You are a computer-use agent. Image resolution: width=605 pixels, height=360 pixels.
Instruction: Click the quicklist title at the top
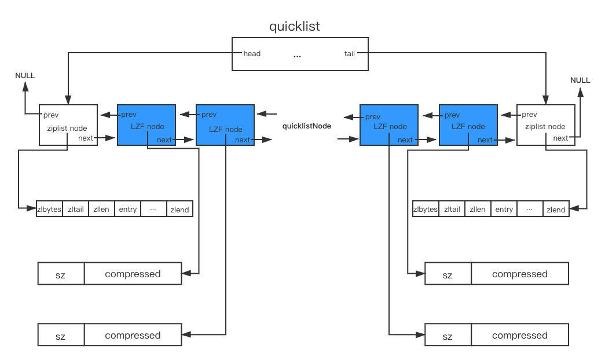[295, 26]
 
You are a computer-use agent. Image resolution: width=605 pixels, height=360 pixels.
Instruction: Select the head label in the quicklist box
[252, 54]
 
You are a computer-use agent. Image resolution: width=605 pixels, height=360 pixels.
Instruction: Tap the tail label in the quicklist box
[350, 54]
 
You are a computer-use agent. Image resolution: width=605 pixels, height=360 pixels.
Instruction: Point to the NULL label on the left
[25, 76]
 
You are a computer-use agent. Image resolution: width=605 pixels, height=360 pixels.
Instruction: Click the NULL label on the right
[580, 80]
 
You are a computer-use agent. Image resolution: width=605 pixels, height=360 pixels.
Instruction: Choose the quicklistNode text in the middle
[307, 126]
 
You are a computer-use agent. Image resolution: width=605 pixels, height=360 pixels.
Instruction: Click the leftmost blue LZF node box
[146, 125]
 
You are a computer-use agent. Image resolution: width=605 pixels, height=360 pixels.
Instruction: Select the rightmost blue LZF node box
[468, 125]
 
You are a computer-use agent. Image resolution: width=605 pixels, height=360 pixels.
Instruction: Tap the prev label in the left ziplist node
[51, 115]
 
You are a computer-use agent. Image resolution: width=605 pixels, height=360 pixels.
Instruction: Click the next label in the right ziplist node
[560, 138]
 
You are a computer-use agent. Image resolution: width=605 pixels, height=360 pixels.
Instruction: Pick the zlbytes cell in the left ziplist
[49, 209]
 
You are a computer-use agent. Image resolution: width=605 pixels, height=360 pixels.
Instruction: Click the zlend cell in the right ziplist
[556, 209]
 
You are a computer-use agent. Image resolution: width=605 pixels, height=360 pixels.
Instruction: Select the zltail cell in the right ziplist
[452, 209]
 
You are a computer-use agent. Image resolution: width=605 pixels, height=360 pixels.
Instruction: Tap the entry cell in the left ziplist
[128, 209]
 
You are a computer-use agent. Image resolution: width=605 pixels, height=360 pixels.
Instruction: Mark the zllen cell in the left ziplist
[101, 209]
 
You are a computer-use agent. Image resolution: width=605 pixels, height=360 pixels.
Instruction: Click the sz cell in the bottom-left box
[61, 335]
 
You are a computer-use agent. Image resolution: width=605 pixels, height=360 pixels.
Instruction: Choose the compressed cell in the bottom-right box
[520, 335]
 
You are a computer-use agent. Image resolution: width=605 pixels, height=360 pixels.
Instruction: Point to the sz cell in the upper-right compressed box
[448, 274]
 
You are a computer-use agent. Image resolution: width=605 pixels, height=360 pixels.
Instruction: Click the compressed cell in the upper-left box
[133, 274]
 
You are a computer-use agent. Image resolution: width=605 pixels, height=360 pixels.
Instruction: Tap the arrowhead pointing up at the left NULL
[25, 86]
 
